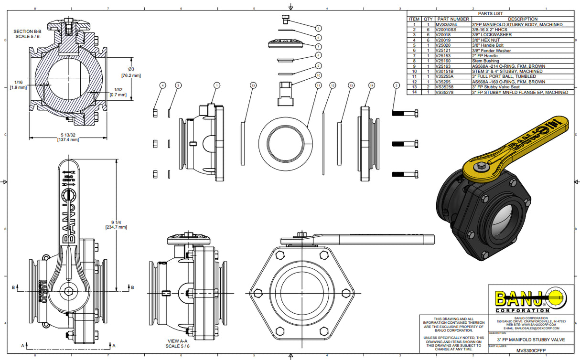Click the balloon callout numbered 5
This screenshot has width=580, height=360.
(318, 28)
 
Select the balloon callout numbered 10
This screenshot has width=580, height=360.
(318, 75)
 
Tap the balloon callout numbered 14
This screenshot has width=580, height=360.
(371, 85)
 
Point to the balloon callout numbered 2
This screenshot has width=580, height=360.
(396, 85)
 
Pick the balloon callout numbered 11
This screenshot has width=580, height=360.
(318, 85)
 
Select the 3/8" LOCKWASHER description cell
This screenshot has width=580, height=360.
(492, 35)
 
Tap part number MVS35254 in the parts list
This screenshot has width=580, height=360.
(446, 24)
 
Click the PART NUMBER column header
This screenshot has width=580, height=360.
(452, 19)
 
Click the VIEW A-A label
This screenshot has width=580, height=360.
(177, 343)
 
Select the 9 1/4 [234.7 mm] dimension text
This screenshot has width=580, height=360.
(116, 225)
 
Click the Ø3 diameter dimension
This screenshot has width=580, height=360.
(131, 72)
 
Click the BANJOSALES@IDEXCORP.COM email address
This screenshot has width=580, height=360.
(531, 328)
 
